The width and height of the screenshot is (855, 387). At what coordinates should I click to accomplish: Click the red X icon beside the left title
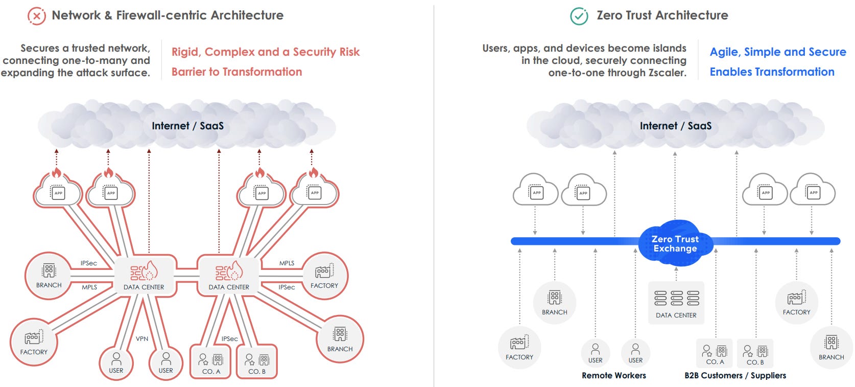point(36,16)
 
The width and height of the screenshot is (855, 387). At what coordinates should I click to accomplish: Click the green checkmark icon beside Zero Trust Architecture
point(579,16)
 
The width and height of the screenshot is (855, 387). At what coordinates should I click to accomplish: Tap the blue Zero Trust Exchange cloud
point(675,244)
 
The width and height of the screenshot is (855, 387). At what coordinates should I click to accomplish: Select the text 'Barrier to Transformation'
point(236,72)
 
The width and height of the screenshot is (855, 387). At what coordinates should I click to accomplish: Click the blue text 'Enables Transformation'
point(772,72)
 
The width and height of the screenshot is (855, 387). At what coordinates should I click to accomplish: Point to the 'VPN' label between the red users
point(142,338)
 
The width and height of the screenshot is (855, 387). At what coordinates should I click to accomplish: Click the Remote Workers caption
point(613,375)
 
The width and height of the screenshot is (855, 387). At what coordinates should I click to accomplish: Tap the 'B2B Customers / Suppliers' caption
point(735,375)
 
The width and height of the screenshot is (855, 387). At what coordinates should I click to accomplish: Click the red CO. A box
point(210,362)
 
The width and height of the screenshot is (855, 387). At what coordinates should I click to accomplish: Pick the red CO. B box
point(257,362)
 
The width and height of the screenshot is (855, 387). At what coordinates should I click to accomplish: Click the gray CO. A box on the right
point(715,353)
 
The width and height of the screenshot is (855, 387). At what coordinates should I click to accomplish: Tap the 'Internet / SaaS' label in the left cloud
point(187,126)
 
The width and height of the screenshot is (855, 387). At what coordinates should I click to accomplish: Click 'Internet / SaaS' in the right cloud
point(675,126)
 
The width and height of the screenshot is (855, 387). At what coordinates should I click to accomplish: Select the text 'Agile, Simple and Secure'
point(777,52)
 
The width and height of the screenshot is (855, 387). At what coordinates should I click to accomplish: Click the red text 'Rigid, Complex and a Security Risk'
point(265,52)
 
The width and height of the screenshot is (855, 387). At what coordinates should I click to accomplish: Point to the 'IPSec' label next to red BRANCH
point(88,263)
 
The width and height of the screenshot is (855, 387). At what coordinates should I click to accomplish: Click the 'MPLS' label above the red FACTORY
point(287,263)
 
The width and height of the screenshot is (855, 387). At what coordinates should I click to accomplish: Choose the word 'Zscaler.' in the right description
point(667,73)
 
